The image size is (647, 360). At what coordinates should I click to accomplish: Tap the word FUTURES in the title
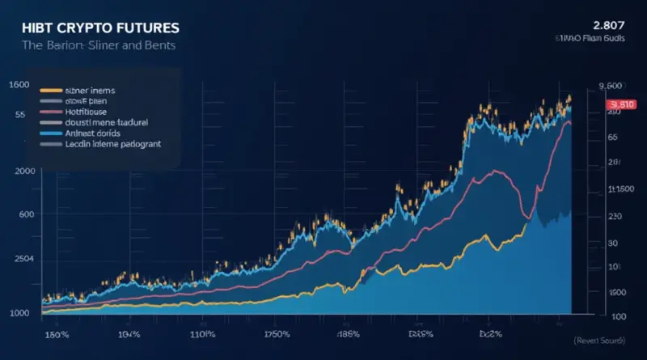[x=148, y=27]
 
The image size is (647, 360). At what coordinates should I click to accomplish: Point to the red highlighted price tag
[x=622, y=104]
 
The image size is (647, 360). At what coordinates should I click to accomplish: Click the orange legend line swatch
[x=50, y=90]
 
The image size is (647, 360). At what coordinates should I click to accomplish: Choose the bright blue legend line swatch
[x=50, y=132]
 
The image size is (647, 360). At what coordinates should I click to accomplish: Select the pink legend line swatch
[x=50, y=111]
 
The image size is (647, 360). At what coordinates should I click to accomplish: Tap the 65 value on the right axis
[x=612, y=138]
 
